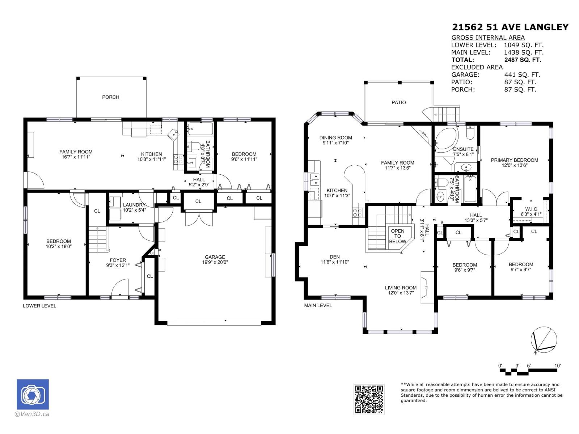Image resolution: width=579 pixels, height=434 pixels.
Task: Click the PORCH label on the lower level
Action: pyautogui.click(x=110, y=97)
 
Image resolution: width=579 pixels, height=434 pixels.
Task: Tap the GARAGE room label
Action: pyautogui.click(x=215, y=257)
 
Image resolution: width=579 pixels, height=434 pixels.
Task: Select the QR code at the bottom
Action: pyautogui.click(x=369, y=399)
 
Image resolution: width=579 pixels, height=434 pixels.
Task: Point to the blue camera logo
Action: pyautogui.click(x=33, y=395)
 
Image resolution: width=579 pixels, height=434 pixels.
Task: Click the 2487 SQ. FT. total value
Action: pyautogui.click(x=523, y=60)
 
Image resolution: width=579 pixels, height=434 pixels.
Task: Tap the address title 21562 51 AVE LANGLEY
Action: pyautogui.click(x=510, y=27)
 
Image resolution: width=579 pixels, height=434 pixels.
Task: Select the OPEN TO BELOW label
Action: pyautogui.click(x=397, y=236)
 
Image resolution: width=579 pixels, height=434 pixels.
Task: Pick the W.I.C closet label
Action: pyautogui.click(x=531, y=209)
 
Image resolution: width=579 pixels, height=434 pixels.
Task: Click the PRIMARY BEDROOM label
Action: pyautogui.click(x=514, y=160)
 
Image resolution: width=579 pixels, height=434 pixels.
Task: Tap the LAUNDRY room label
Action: pyautogui.click(x=134, y=205)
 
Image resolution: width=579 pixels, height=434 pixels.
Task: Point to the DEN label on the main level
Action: pyautogui.click(x=335, y=257)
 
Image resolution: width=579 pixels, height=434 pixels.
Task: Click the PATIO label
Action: pyautogui.click(x=398, y=102)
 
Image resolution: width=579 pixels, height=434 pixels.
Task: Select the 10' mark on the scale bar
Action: pyautogui.click(x=557, y=366)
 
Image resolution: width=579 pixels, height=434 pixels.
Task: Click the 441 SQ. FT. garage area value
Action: pyautogui.click(x=522, y=75)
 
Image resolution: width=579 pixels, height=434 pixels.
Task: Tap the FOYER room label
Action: pyautogui.click(x=118, y=260)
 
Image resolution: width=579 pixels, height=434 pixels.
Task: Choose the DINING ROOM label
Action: pyautogui.click(x=335, y=138)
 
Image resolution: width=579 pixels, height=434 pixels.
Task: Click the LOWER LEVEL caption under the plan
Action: pyautogui.click(x=39, y=306)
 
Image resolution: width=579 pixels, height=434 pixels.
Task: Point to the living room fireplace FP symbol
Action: pyautogui.click(x=427, y=288)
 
